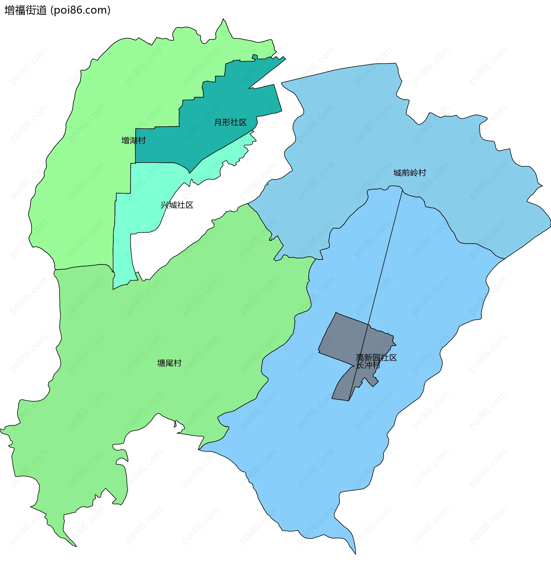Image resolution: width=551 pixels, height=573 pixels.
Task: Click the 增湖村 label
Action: pyautogui.click(x=133, y=141)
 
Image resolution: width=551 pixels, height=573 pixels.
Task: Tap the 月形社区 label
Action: pyautogui.click(x=230, y=122)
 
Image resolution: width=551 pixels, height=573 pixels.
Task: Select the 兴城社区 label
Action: pyautogui.click(x=177, y=205)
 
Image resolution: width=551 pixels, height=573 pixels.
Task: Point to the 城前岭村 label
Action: pyautogui.click(x=410, y=173)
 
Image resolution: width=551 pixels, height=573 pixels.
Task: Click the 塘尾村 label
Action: pyautogui.click(x=169, y=363)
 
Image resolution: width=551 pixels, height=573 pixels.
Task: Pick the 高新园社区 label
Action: pyautogui.click(x=376, y=358)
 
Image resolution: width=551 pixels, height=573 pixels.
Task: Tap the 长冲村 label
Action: pyautogui.click(x=368, y=365)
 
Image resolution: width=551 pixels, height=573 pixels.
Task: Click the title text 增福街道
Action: pyautogui.click(x=26, y=10)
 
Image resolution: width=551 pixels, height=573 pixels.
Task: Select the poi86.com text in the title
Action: pyautogui.click(x=81, y=10)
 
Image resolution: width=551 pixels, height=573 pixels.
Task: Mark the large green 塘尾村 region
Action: pyautogui.click(x=146, y=322)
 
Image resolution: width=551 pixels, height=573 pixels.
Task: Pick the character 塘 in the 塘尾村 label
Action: pyautogui.click(x=161, y=363)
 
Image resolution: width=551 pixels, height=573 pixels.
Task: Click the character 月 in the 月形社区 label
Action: pyautogui.click(x=218, y=122)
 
